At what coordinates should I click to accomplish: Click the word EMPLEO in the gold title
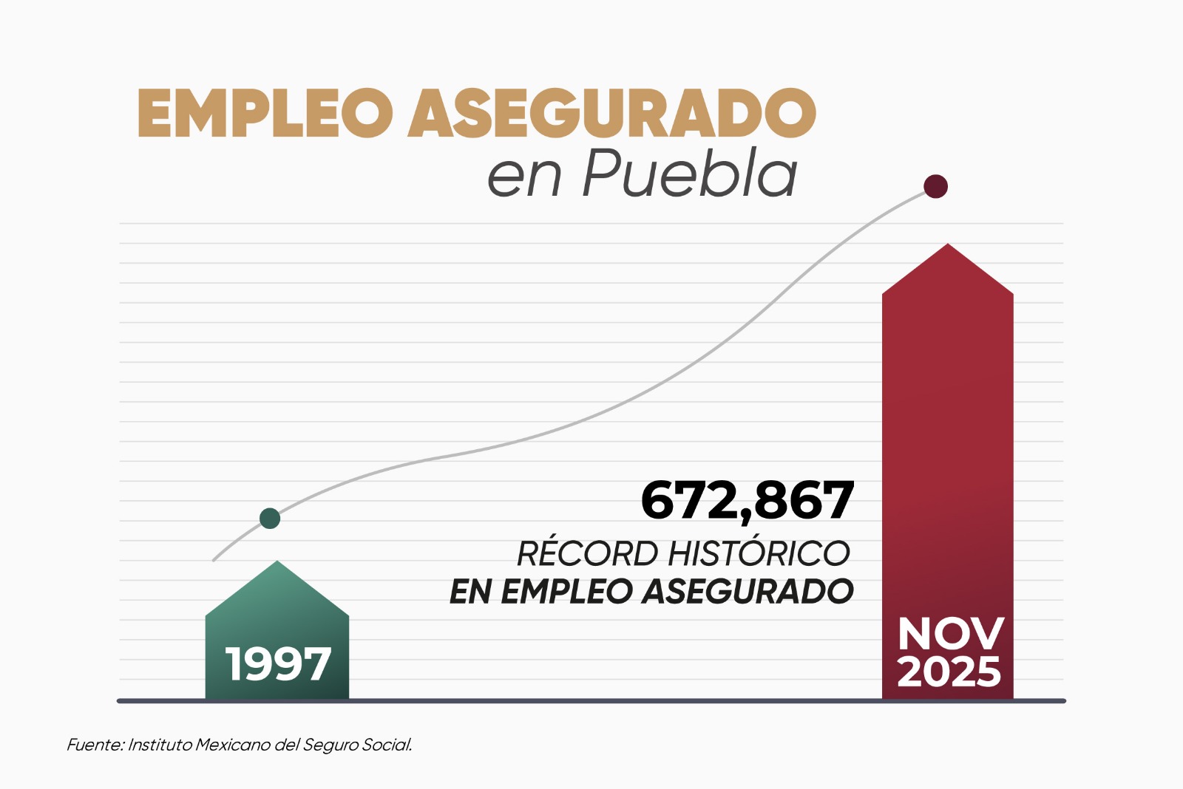265,114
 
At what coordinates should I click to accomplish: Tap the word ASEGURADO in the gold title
612,114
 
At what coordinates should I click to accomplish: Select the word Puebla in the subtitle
690,174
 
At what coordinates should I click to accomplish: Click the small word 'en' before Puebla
524,177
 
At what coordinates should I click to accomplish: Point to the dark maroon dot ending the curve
936,187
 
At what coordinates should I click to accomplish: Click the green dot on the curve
270,519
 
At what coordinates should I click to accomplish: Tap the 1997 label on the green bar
278,664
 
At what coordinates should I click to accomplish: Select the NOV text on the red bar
950,634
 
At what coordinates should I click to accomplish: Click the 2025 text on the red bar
949,672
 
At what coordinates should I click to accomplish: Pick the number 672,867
748,501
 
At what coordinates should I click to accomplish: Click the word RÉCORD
587,553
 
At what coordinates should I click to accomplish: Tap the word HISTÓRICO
759,553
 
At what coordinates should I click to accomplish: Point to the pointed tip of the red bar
948,246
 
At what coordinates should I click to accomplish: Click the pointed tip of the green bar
277,563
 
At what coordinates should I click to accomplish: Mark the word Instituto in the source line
160,745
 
